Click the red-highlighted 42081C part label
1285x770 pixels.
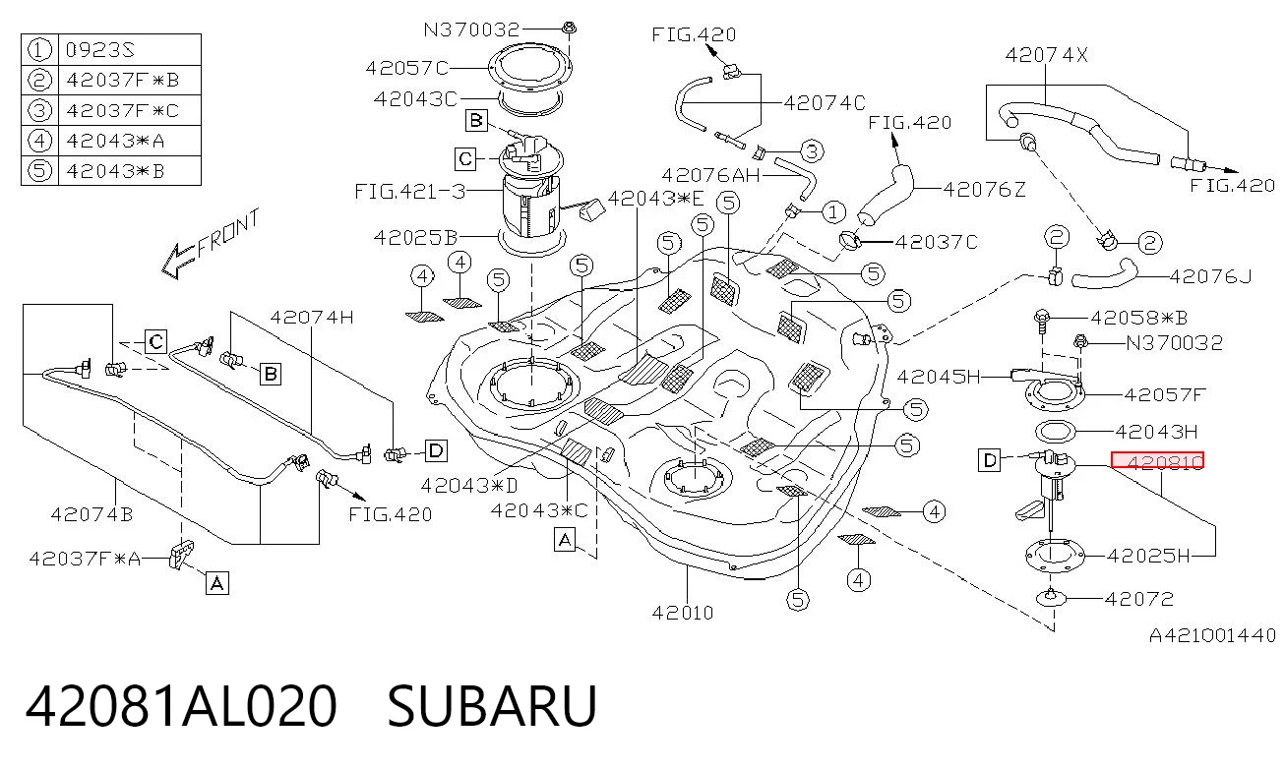point(1157,460)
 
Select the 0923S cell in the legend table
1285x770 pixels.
point(100,50)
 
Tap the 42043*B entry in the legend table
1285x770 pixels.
point(115,171)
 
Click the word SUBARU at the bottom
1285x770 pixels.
point(492,705)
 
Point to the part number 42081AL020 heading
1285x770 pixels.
point(181,705)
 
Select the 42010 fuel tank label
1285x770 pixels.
point(683,613)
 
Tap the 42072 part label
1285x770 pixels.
point(1138,599)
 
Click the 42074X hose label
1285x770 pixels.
point(1046,55)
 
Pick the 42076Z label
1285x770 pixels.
point(984,189)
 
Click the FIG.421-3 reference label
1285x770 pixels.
point(410,192)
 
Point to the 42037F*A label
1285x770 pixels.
point(85,559)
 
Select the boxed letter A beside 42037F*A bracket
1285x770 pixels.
point(216,584)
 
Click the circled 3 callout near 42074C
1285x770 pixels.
point(811,152)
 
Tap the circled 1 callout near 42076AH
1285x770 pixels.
point(833,212)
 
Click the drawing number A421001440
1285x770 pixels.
point(1213,636)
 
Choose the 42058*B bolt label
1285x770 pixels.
point(1138,318)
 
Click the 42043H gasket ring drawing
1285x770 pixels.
point(1055,432)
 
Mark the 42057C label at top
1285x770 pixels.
point(406,69)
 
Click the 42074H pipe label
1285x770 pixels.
point(312,318)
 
